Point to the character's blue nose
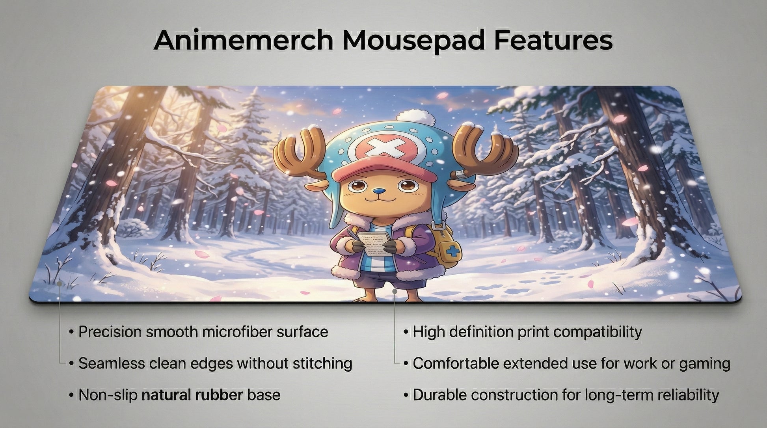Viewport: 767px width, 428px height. click(x=378, y=191)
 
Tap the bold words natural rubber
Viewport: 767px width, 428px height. click(x=192, y=395)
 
